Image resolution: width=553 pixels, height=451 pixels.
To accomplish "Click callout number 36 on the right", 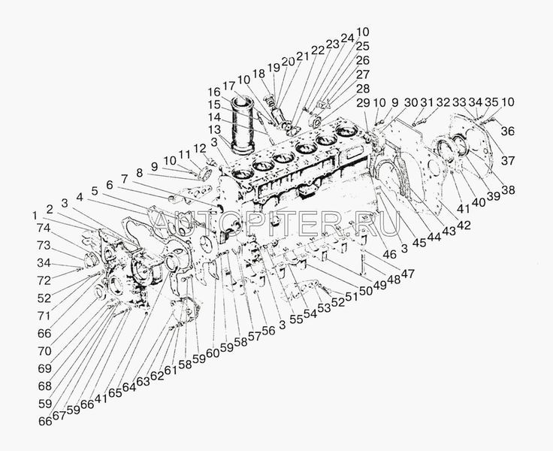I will (508, 132).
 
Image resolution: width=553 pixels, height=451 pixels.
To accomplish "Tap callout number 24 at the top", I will (346, 37).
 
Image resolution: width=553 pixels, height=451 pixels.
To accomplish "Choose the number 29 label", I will (364, 102).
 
